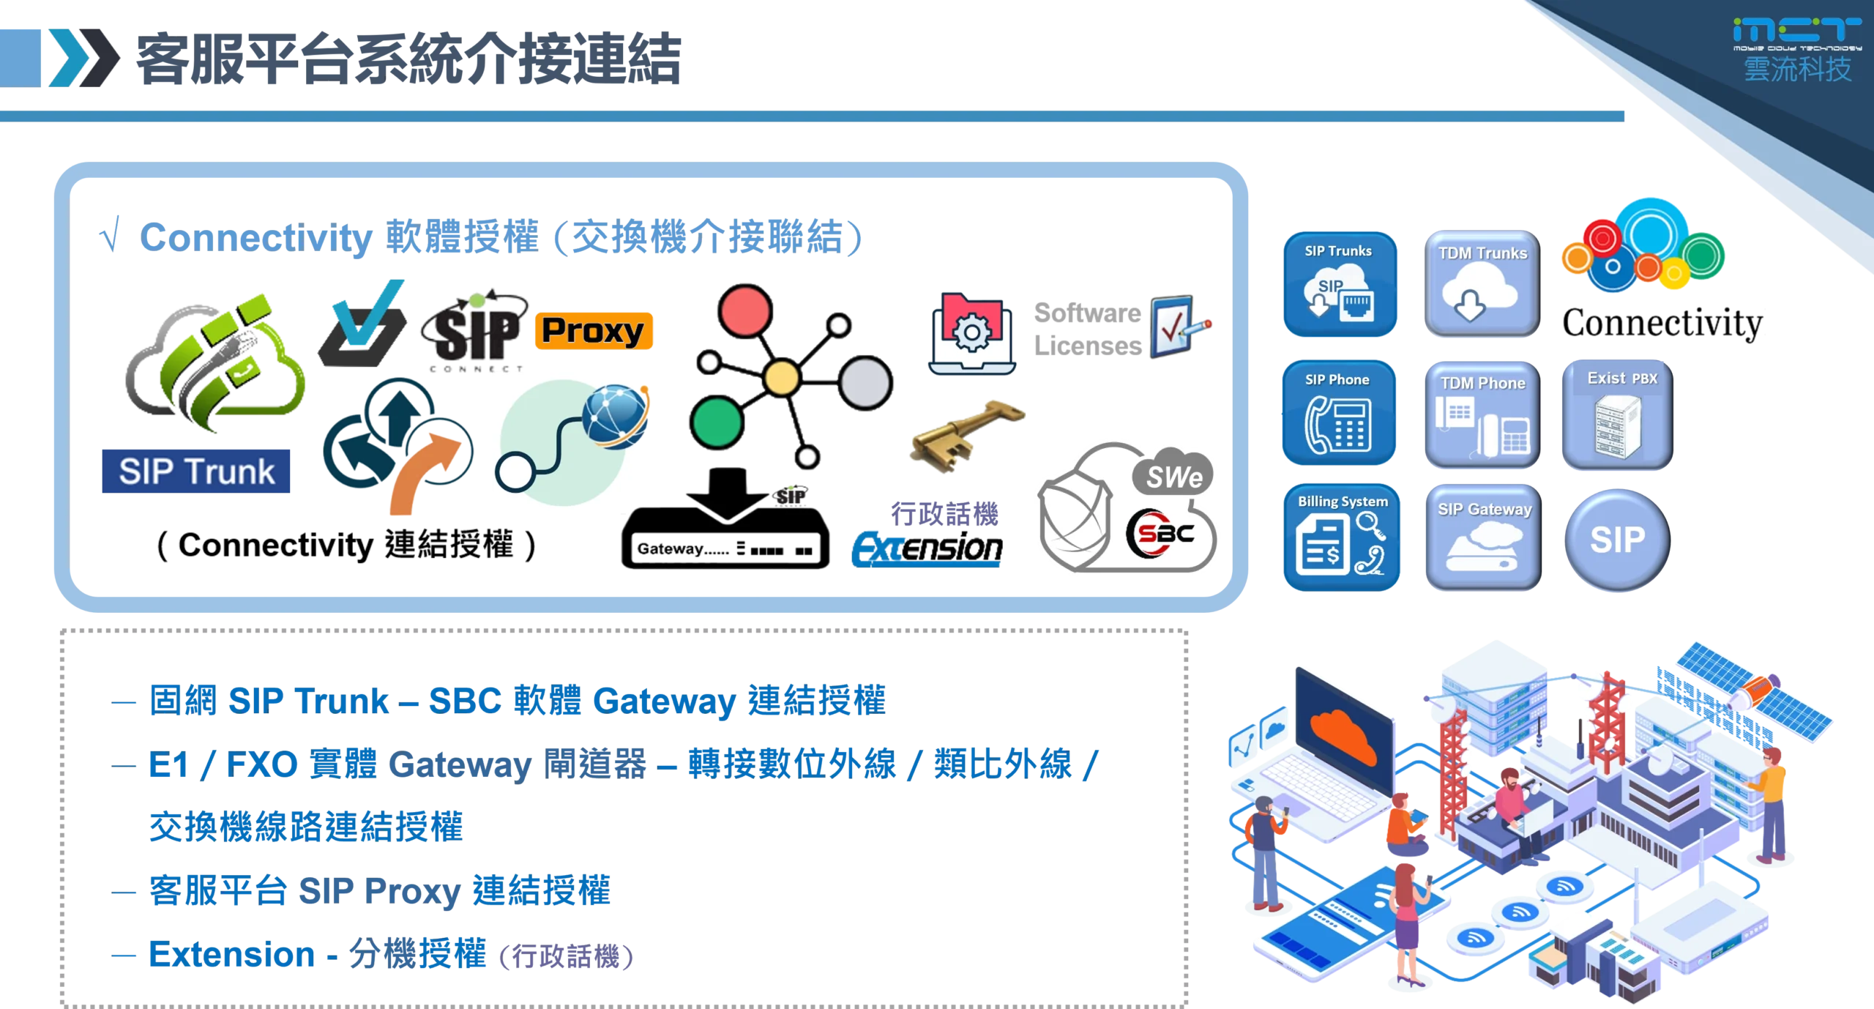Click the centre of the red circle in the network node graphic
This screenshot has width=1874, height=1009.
pyautogui.click(x=744, y=310)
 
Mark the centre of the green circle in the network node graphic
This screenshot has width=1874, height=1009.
pyautogui.click(x=717, y=422)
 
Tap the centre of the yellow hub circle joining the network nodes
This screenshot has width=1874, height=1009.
pyautogui.click(x=781, y=378)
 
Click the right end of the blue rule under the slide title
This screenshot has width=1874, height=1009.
pyautogui.click(x=1623, y=116)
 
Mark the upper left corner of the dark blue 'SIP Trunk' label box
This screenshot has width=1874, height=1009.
pyautogui.click(x=102, y=450)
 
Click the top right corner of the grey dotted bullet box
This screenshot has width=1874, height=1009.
pyautogui.click(x=1187, y=630)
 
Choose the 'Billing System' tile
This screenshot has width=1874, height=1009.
pyautogui.click(x=1342, y=537)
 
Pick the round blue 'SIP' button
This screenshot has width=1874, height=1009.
pyautogui.click(x=1617, y=540)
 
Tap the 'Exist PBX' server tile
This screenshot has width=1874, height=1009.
pyautogui.click(x=1617, y=414)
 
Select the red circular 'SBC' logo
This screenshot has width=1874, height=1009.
pyautogui.click(x=1160, y=534)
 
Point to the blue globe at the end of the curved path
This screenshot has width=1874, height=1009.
pyautogui.click(x=615, y=415)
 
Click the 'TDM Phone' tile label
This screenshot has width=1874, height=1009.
pyautogui.click(x=1483, y=383)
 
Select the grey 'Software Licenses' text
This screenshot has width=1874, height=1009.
pyautogui.click(x=1088, y=329)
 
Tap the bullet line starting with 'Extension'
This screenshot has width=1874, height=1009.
pyautogui.click(x=373, y=955)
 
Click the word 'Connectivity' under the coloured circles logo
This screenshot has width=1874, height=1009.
pyautogui.click(x=1662, y=323)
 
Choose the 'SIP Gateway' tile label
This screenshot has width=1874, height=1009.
pyautogui.click(x=1485, y=509)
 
